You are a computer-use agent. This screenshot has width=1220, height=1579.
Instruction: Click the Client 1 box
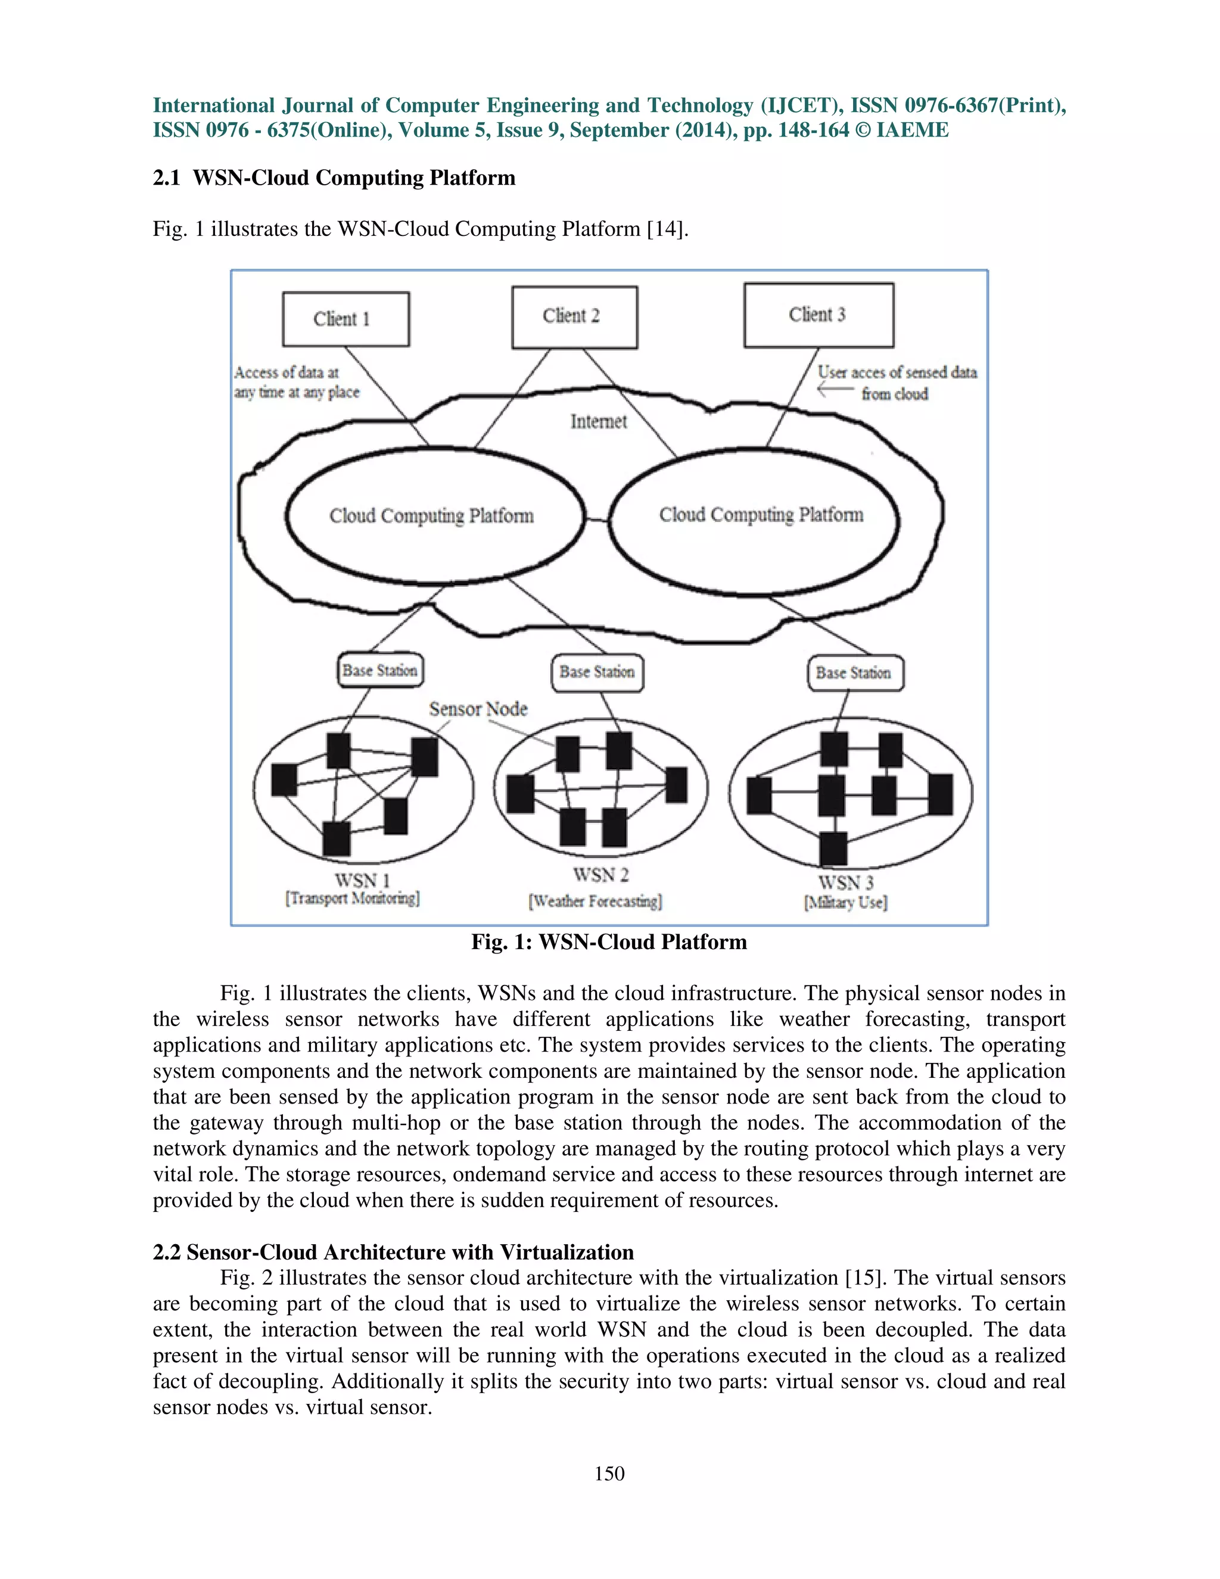pos(346,319)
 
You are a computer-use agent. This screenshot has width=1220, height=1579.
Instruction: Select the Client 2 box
pos(575,316)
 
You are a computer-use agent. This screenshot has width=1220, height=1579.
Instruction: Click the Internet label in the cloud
pos(599,421)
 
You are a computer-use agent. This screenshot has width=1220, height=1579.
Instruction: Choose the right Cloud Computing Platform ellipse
pos(760,515)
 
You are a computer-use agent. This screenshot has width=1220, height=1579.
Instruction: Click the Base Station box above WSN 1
pos(380,670)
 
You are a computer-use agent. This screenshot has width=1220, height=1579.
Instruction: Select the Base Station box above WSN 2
pos(597,672)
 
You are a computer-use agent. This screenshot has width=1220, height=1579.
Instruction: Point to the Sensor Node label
pos(478,708)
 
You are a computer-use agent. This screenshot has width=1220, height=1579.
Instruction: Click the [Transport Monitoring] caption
pos(352,899)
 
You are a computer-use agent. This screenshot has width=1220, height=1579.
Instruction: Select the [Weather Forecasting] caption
pos(596,902)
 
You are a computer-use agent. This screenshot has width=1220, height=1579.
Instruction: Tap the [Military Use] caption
pos(846,902)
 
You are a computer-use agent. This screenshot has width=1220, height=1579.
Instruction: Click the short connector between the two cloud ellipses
pos(597,519)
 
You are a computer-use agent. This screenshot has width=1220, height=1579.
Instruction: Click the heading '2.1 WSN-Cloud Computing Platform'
pos(334,178)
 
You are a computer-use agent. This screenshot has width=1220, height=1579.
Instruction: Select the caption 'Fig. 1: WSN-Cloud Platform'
pos(609,942)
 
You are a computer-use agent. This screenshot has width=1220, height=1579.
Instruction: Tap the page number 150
pos(609,1474)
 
